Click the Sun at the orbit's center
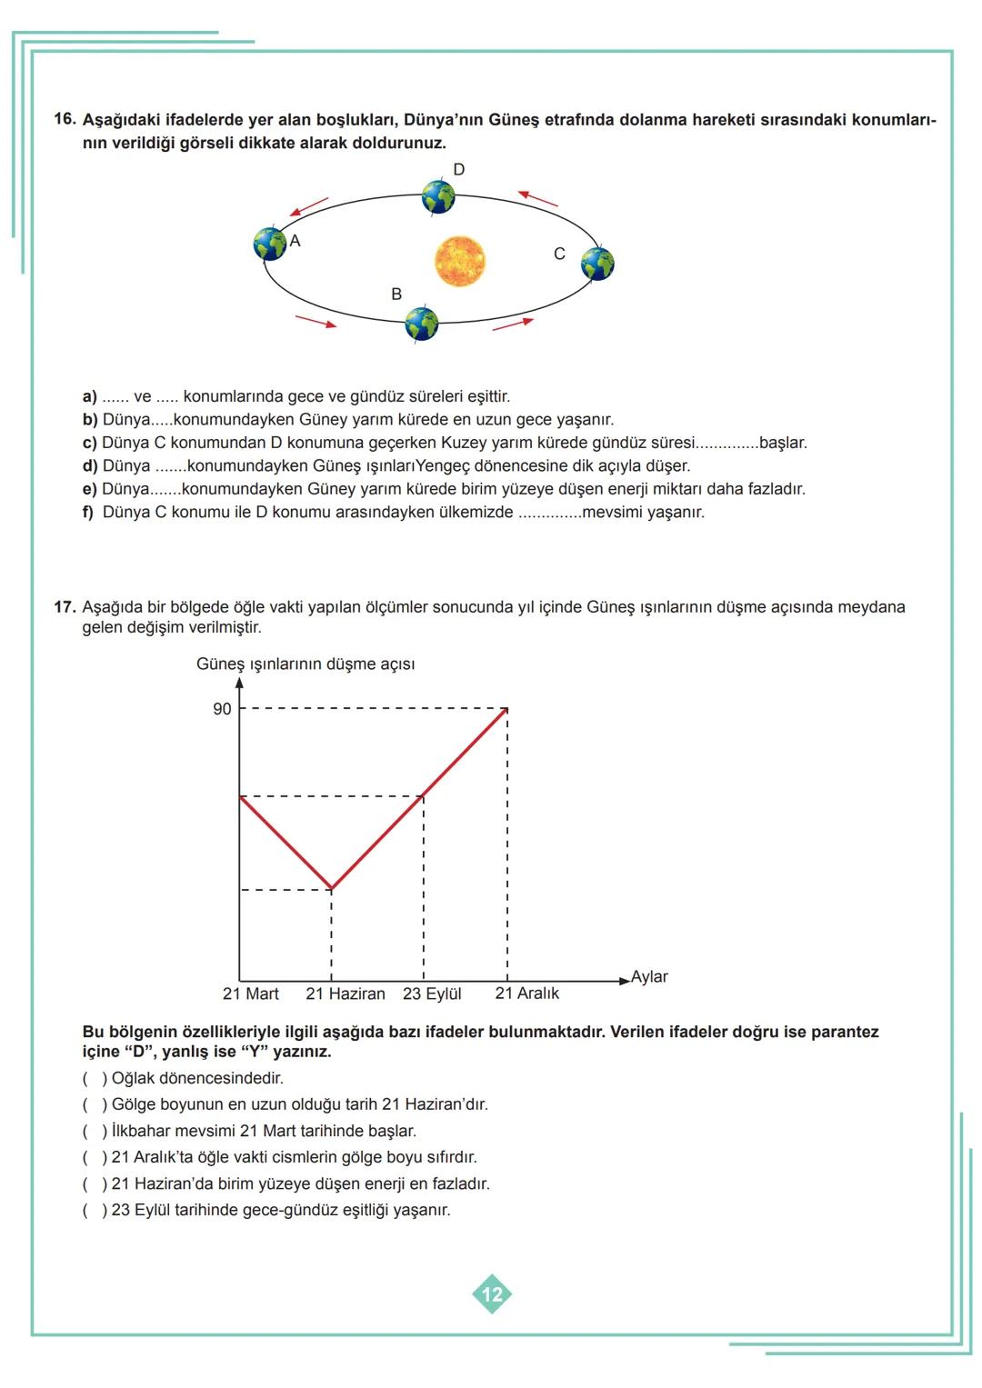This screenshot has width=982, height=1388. point(460,261)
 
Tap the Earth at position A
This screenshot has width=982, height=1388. point(270,244)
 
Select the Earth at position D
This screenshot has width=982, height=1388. point(438,196)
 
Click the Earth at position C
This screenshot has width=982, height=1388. point(598,264)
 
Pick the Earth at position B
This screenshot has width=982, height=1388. point(421,324)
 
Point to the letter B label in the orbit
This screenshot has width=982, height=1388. point(396,295)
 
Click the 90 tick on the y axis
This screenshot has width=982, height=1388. point(222,709)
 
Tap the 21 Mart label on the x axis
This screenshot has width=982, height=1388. point(251,994)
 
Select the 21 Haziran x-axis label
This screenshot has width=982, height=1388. point(346,994)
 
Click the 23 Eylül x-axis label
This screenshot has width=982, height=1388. point(432,994)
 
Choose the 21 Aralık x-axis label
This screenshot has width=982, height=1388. point(527,994)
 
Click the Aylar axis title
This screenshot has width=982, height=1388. point(649,976)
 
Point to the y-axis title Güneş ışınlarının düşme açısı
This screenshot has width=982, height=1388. point(306,664)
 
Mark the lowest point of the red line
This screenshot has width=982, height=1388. point(331,889)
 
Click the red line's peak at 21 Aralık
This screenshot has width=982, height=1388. point(507,708)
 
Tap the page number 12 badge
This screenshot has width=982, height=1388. point(492,1294)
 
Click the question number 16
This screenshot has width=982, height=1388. point(64,119)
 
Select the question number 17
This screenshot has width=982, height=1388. point(64,606)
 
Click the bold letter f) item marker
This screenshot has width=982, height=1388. point(88,513)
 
